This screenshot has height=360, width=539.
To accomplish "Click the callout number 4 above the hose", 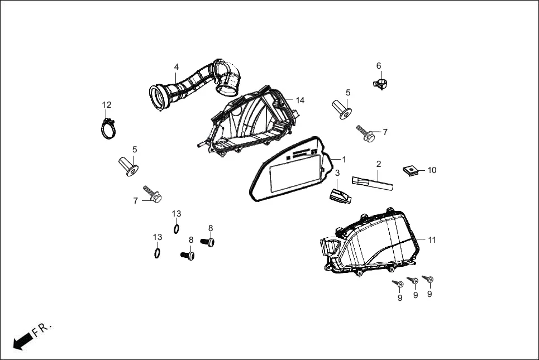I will [x=176, y=66].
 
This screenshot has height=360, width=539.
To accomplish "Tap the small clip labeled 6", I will [x=380, y=85].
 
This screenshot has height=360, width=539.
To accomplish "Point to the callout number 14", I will [x=300, y=100].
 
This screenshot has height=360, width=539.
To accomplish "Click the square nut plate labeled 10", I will [x=410, y=170].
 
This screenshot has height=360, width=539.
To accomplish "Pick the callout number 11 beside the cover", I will [x=432, y=240].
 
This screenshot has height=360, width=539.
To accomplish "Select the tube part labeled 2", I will [x=371, y=181].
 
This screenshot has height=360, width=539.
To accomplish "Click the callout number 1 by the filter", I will [x=344, y=160].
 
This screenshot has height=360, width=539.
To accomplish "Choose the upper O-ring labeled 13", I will [x=177, y=228].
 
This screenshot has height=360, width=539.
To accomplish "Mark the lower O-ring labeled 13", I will [x=158, y=253].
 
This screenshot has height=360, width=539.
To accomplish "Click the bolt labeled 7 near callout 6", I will [x=366, y=133].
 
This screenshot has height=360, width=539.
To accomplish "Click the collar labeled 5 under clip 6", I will [x=342, y=108].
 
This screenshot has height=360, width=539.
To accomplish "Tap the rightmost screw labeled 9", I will [x=428, y=279].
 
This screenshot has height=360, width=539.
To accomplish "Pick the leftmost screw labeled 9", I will [x=398, y=284].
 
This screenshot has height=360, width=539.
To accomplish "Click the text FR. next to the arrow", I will [x=42, y=329].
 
